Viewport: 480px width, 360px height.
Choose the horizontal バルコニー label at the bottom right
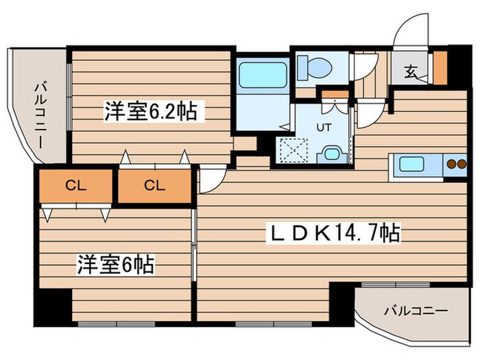416,311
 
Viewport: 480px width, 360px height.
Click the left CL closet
74,185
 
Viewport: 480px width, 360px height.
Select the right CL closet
154,185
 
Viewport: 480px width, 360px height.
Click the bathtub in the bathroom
263,75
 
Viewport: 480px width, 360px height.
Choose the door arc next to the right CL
208,180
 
